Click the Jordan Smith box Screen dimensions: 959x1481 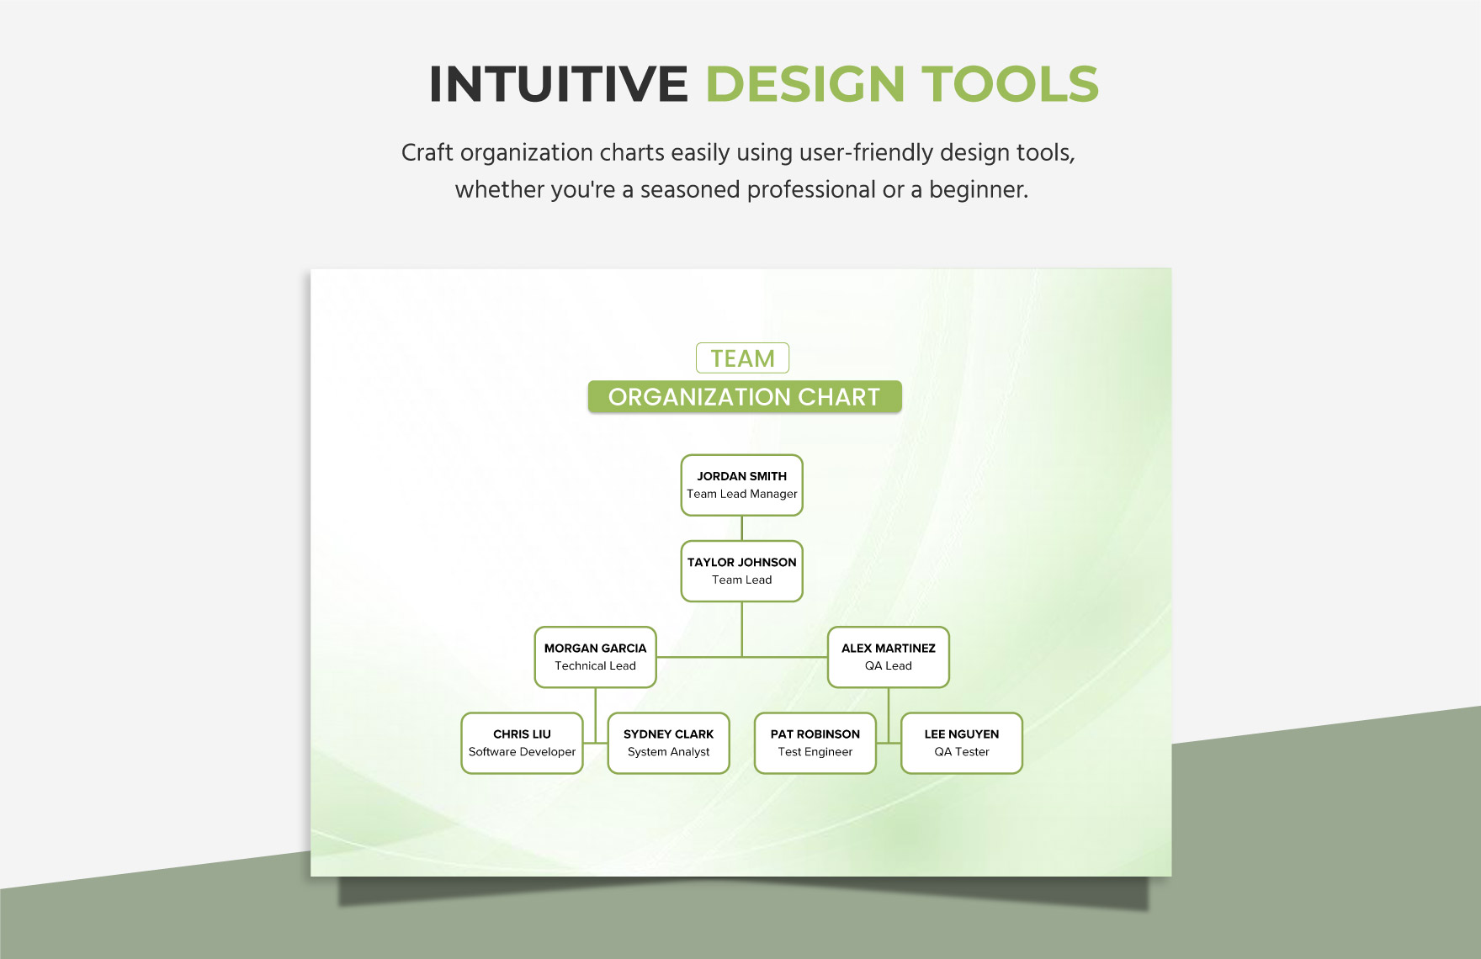pos(741,485)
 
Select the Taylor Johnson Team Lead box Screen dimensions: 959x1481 pos(741,571)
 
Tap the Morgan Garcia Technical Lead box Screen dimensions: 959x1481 pos(595,657)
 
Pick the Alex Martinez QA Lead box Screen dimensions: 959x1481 pos(888,657)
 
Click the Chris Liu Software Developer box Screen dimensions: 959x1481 pos(522,743)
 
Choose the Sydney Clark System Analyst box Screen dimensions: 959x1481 pos(668,743)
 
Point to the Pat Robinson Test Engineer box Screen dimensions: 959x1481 pos(815,743)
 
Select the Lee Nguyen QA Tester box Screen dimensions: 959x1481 pos(961,743)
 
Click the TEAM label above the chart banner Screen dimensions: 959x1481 pos(742,358)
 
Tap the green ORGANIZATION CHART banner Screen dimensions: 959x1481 pos(744,397)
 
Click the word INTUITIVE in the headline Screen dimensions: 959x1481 pos(559,84)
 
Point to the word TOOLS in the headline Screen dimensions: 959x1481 pos(1011,84)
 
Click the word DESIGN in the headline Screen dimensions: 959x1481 pos(805,84)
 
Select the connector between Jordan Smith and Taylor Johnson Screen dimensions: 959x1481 pos(741,528)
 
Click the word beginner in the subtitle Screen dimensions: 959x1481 pos(978,190)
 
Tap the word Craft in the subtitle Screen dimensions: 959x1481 pos(427,153)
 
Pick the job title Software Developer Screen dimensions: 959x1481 pos(522,752)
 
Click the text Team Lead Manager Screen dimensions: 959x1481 pos(741,495)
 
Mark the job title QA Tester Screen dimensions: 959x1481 pos(961,752)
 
